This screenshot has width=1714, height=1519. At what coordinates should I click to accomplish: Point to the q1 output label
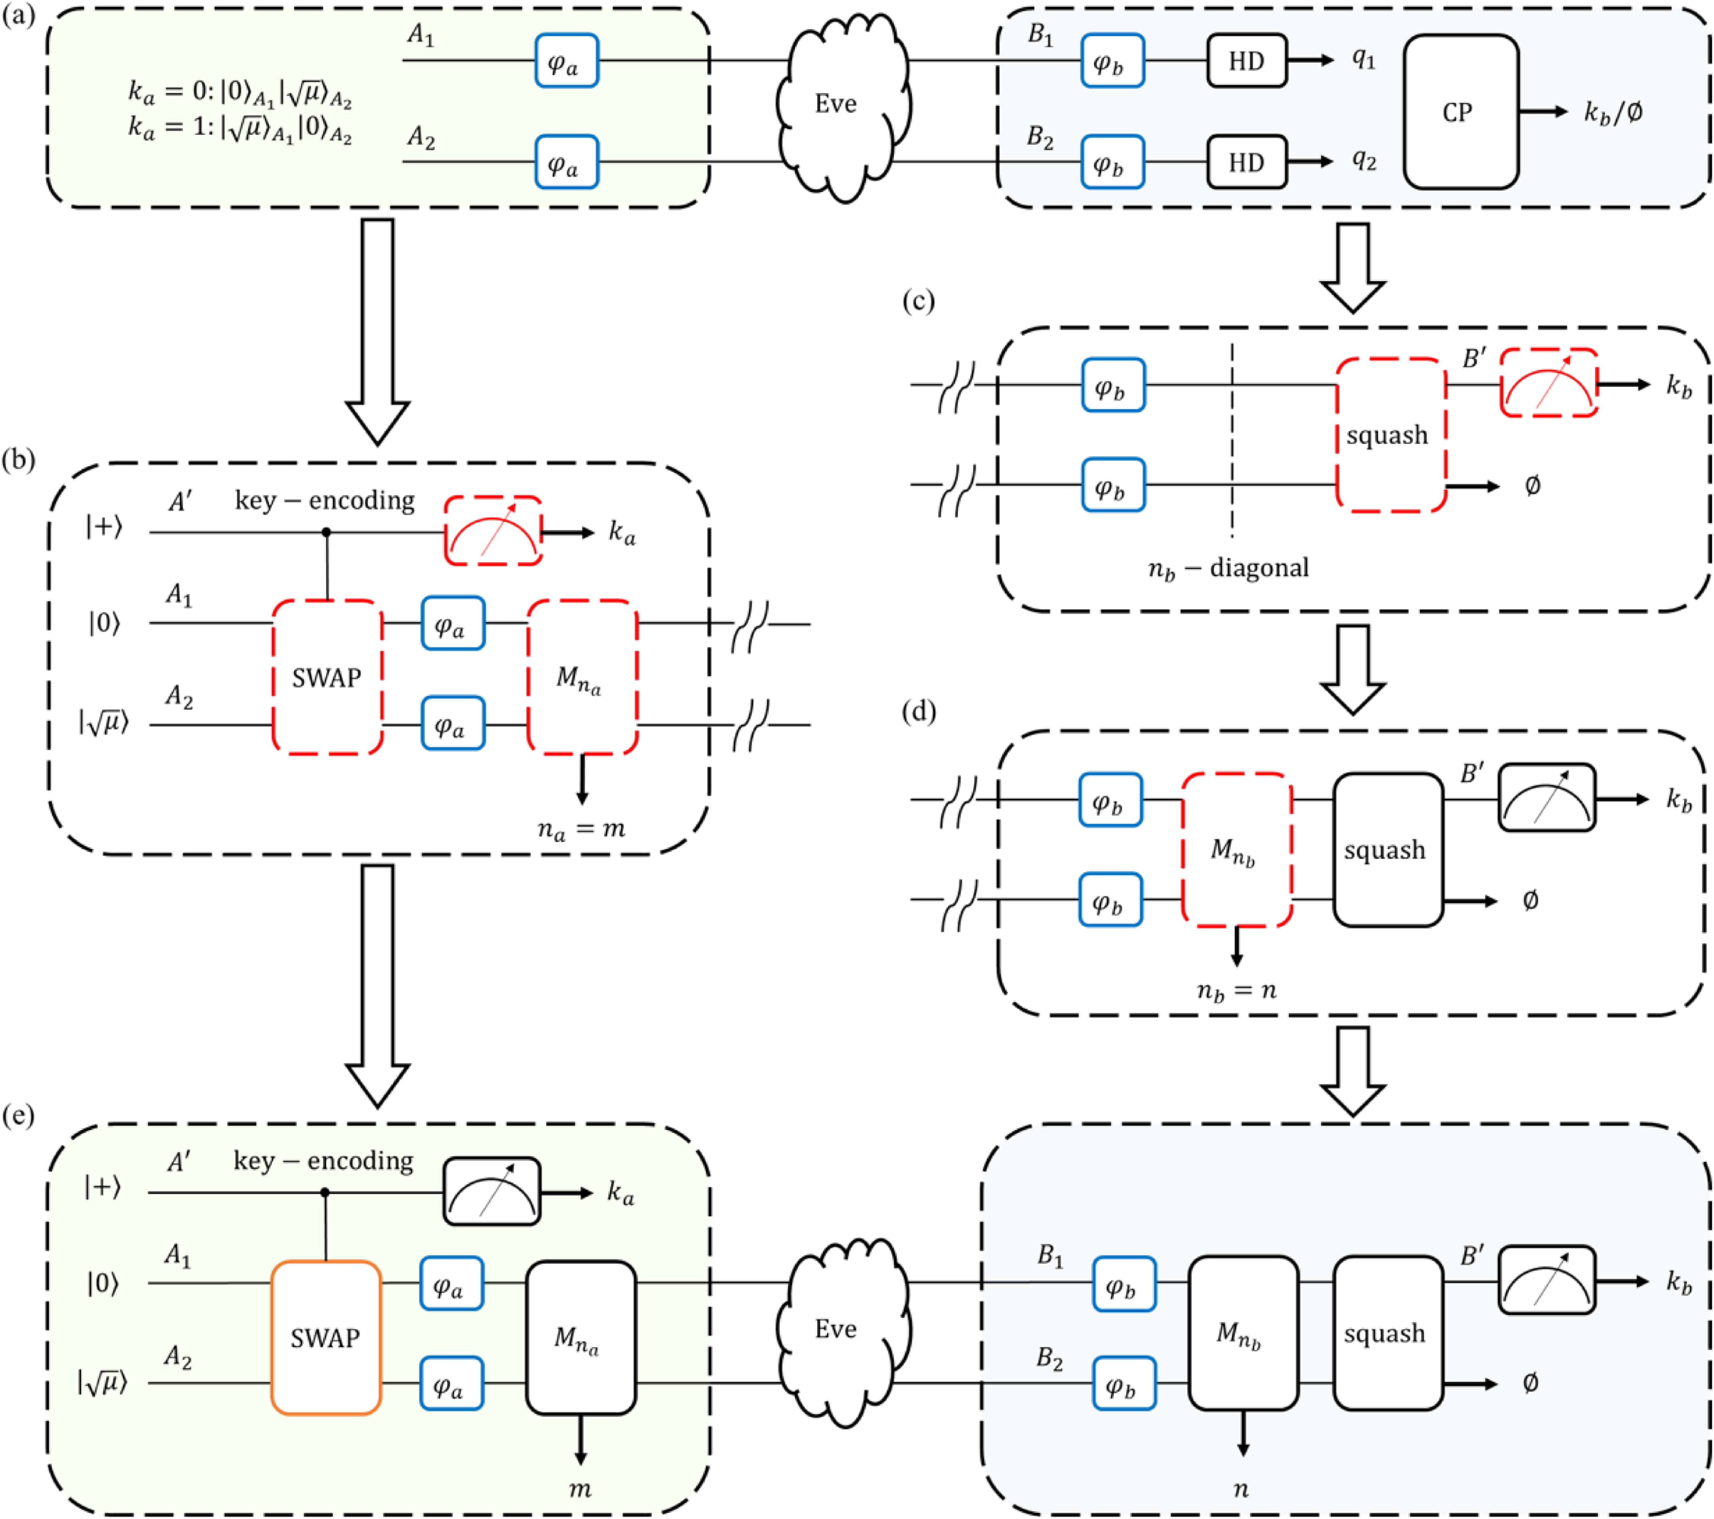(x=1363, y=59)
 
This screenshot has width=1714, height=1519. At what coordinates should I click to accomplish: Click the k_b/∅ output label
(x=1612, y=112)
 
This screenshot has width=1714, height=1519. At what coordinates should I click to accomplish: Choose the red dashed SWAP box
(x=327, y=677)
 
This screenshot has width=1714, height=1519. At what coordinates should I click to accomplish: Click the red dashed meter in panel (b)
(x=493, y=531)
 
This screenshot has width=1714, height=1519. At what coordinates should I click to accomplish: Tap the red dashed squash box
(x=1390, y=434)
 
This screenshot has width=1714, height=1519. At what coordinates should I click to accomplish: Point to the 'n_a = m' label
(x=580, y=829)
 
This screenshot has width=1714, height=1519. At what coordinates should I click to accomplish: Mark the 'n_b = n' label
(x=1236, y=991)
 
